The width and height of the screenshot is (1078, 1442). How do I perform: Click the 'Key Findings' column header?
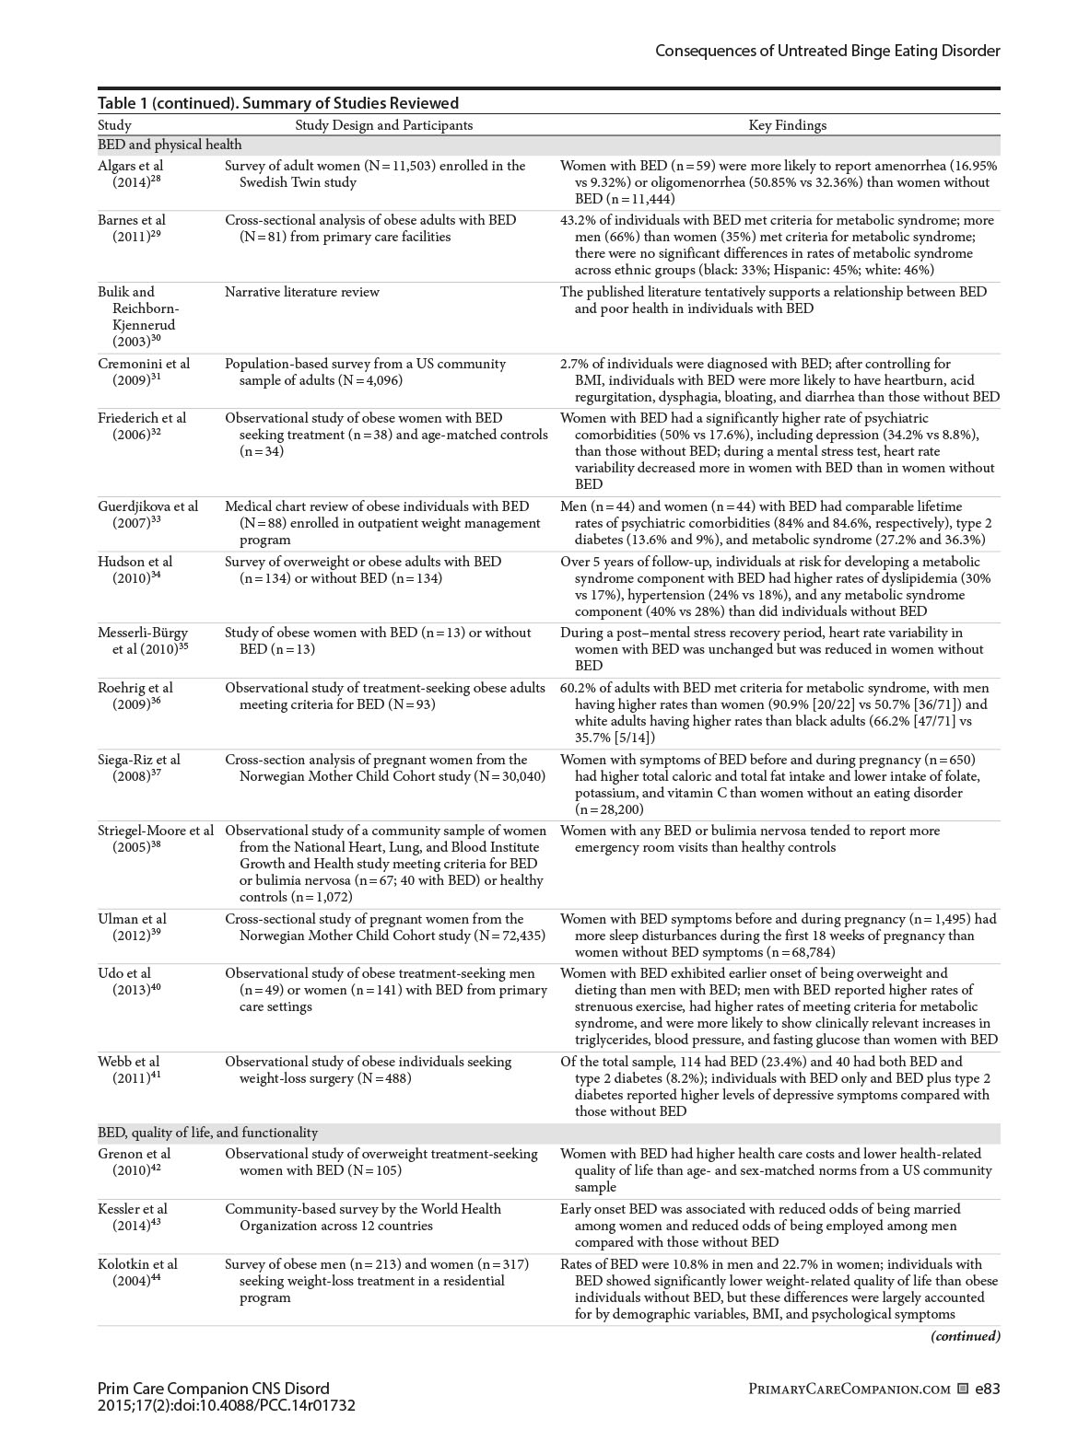[787, 125]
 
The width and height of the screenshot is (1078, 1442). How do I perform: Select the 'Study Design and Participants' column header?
[383, 125]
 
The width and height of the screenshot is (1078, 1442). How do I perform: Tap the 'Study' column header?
[114, 125]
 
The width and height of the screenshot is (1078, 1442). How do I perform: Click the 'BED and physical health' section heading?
[170, 145]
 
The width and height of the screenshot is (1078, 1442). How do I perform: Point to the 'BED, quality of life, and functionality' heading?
[207, 1133]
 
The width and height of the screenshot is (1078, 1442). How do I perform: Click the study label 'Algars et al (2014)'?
[131, 174]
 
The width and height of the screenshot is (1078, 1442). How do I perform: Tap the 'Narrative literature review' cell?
[302, 292]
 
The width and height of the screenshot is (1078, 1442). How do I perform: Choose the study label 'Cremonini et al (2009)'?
[142, 372]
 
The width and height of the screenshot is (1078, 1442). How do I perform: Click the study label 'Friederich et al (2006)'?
[142, 426]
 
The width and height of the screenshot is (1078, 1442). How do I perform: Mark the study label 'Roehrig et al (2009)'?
[135, 696]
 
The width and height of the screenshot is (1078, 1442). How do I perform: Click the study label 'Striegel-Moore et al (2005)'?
[155, 839]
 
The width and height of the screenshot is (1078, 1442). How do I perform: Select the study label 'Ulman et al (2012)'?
[132, 927]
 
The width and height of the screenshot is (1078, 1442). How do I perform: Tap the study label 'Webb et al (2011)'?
[129, 1070]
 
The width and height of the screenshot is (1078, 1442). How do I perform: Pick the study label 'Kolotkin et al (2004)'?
[137, 1273]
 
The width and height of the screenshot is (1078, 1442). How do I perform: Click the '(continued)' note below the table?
[965, 1336]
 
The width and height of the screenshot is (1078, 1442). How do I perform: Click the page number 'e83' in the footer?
[987, 1390]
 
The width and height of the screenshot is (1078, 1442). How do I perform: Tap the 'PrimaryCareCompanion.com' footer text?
[849, 1390]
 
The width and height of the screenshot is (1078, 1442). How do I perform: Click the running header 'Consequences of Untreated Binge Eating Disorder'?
[827, 51]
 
